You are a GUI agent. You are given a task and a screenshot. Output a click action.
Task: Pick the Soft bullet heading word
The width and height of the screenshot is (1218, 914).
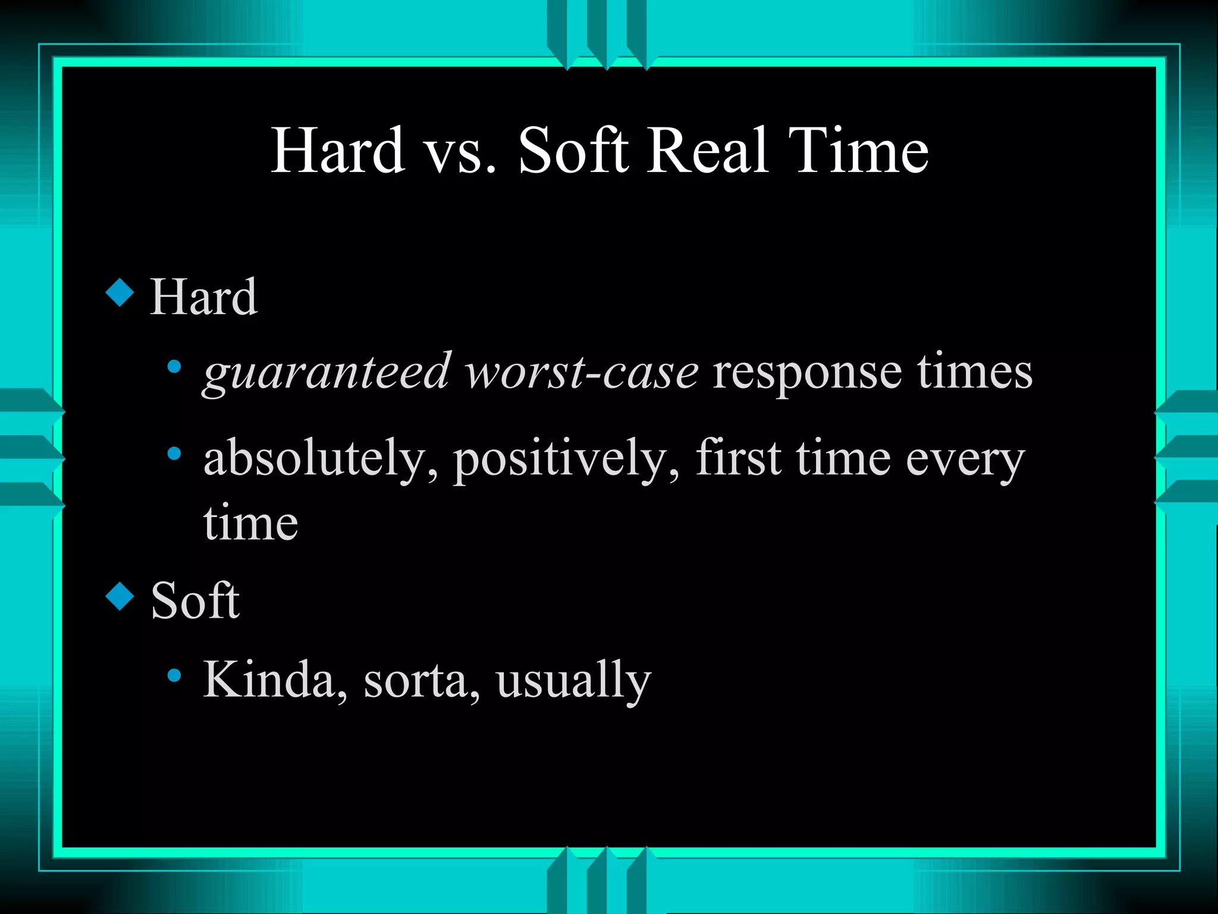click(x=195, y=601)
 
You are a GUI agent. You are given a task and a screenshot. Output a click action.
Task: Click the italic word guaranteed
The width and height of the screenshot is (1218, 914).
click(x=327, y=374)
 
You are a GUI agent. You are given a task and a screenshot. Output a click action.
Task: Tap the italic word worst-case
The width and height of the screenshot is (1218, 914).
click(x=582, y=373)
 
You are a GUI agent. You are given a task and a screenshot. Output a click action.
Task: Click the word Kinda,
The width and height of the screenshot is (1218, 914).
click(x=275, y=680)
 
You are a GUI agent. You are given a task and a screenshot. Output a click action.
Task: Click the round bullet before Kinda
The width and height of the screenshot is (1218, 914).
click(x=174, y=675)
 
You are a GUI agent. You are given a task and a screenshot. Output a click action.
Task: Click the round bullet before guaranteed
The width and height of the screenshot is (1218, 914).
click(x=174, y=367)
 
